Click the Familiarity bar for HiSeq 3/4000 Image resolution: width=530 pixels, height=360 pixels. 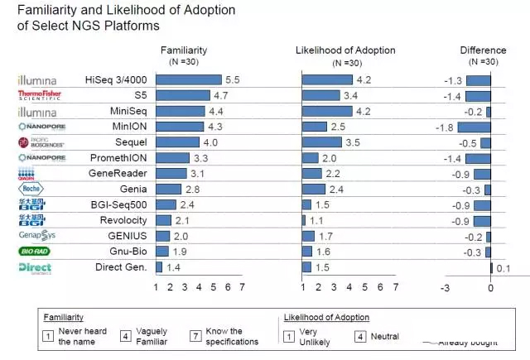click(188, 79)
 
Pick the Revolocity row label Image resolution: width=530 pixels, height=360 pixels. click(123, 220)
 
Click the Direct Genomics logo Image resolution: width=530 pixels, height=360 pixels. click(35, 267)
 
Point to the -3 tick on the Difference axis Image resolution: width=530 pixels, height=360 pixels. click(445, 288)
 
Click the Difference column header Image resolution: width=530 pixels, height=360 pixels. click(483, 50)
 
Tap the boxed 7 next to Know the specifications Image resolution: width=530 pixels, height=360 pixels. click(195, 336)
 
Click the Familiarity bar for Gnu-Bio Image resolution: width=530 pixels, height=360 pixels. click(162, 252)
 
